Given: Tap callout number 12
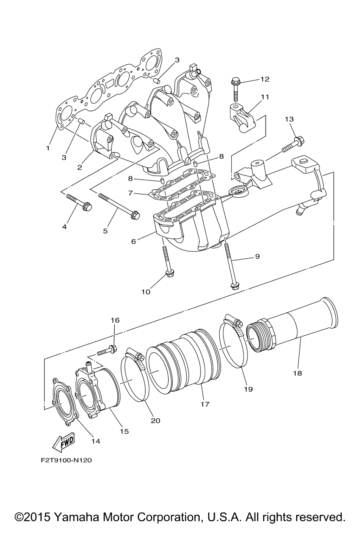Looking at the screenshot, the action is (264, 79).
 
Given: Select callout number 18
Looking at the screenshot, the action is (297, 373).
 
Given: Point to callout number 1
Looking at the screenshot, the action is (48, 148).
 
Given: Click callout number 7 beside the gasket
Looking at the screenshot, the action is (130, 193).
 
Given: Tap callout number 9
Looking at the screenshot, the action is (257, 256).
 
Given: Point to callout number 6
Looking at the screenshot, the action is (134, 241).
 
